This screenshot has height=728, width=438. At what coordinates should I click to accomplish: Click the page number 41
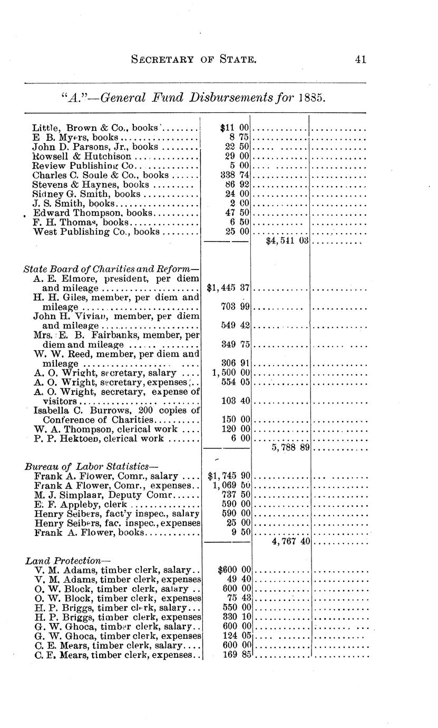[x=361, y=60]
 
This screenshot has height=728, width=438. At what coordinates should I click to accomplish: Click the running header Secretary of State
[x=193, y=60]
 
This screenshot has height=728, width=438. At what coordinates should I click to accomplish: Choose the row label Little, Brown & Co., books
[x=96, y=128]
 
